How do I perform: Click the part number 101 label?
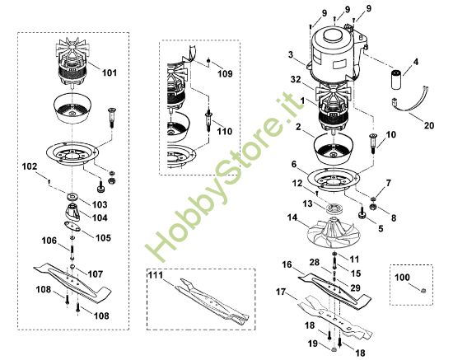(x=110, y=72)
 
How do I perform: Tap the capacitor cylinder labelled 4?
(x=399, y=78)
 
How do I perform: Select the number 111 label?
(x=156, y=275)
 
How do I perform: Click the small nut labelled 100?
(x=423, y=291)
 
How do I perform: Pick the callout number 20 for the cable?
(x=429, y=125)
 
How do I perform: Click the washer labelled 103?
(x=71, y=196)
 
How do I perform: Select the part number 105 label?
(x=103, y=238)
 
